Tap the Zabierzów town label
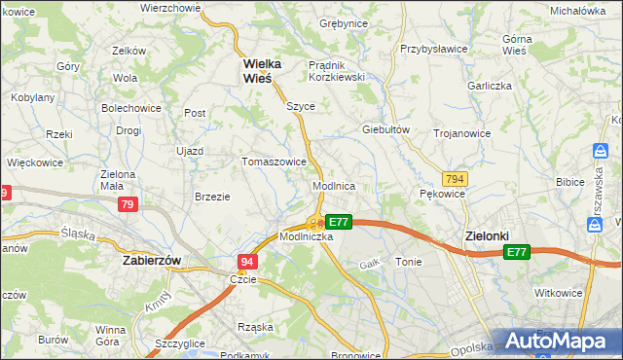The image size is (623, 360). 154,261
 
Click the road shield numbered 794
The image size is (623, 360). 454,179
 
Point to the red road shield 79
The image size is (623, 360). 128,204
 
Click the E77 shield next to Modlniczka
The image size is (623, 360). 337,222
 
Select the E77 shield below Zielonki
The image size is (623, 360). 516,252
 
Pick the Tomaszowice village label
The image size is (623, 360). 275,162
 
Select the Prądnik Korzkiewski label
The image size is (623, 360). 336,70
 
